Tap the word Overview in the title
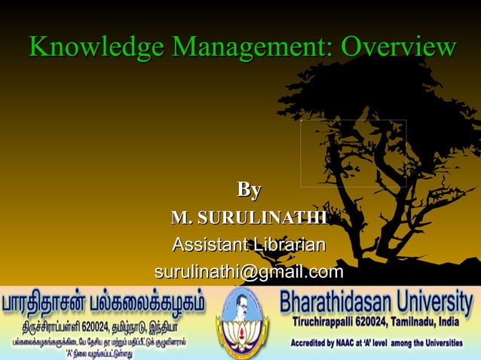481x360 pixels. point(399,47)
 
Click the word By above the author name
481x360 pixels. point(249,188)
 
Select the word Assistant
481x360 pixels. point(207,245)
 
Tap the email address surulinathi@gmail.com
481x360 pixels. point(249,271)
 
